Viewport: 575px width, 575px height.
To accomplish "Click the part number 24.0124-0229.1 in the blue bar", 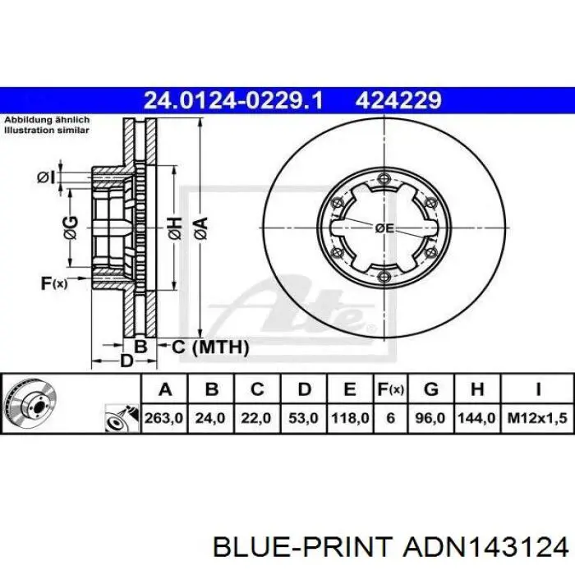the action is point(233,100).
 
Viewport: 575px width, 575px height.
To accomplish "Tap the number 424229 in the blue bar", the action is point(398,100).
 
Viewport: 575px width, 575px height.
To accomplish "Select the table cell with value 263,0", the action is point(164,418).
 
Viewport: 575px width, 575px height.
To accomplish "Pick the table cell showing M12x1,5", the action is point(537,418).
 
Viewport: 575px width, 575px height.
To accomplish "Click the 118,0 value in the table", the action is point(350,418).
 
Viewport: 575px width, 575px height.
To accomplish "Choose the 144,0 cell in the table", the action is point(477,418).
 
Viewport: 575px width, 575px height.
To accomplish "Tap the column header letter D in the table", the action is point(305,389).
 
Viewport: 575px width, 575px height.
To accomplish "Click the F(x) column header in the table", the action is point(390,389).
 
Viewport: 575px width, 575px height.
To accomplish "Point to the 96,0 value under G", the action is point(431,418).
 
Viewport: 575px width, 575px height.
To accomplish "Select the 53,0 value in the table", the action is point(303,418).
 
